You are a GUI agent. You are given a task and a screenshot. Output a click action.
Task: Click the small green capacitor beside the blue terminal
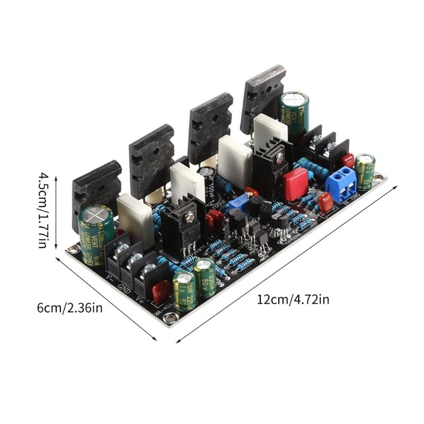tap(365, 171)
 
